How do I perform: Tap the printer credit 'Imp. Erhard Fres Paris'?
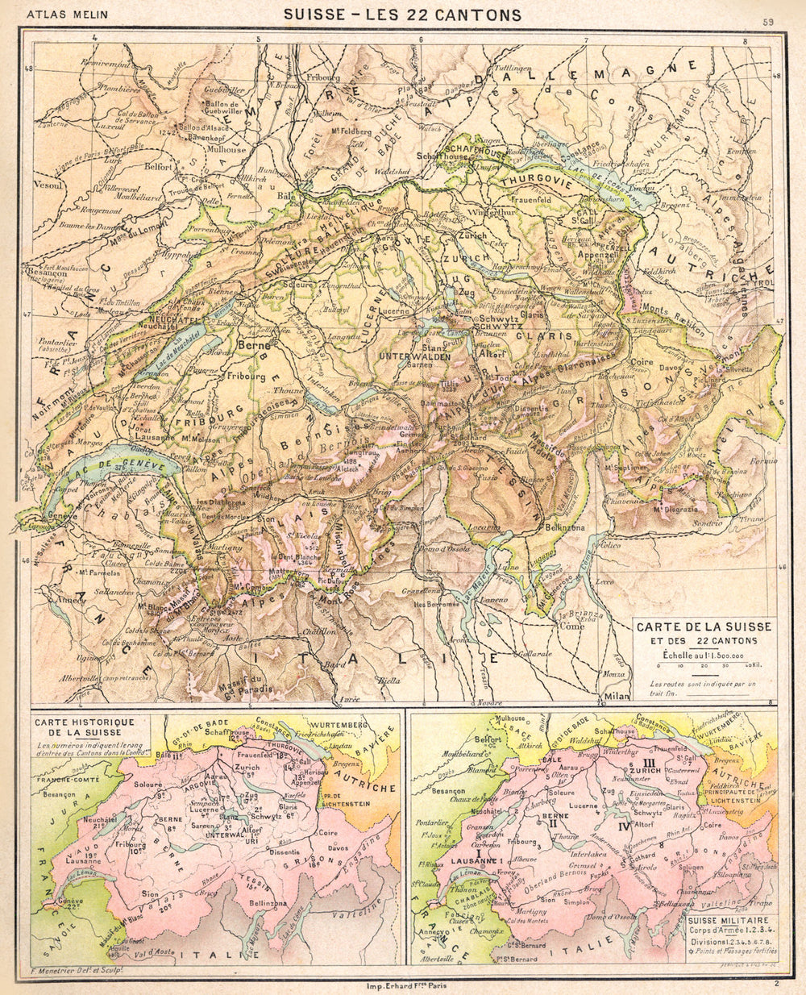(x=403, y=985)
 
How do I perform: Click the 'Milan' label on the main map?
(x=616, y=695)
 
